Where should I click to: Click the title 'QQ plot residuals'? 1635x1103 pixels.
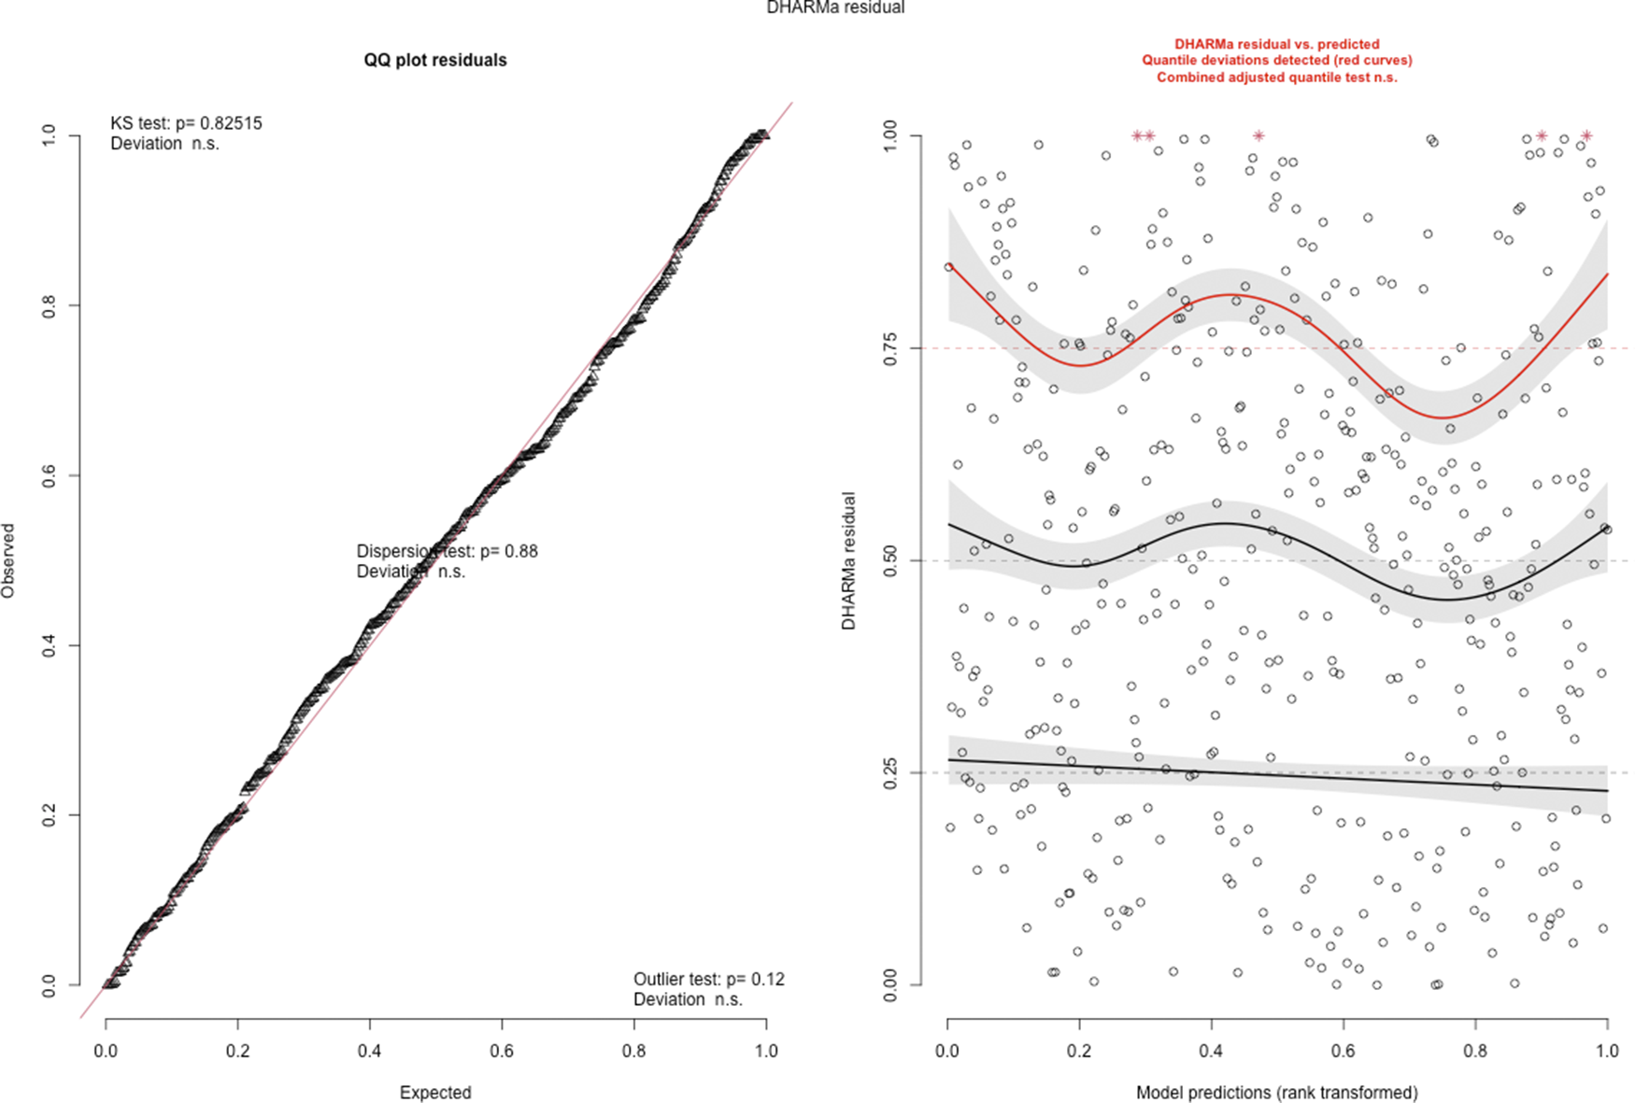click(x=435, y=61)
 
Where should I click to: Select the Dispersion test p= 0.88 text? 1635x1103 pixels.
click(x=447, y=551)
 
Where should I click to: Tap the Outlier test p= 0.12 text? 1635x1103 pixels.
click(x=708, y=980)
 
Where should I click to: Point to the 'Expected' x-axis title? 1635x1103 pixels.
click(x=435, y=1093)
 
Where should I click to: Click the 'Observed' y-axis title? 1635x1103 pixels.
click(x=8, y=560)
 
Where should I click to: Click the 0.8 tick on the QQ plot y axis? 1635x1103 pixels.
click(x=49, y=305)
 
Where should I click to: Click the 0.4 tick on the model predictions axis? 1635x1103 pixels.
click(x=1212, y=1051)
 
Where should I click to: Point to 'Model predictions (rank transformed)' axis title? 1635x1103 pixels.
click(x=1276, y=1093)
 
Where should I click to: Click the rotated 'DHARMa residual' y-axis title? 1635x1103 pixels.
click(x=848, y=560)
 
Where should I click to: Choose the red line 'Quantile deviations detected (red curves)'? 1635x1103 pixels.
click(x=1276, y=61)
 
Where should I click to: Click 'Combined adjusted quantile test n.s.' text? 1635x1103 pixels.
click(x=1276, y=78)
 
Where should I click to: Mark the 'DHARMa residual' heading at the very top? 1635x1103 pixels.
click(x=835, y=8)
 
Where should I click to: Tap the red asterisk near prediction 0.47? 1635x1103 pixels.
click(x=1258, y=136)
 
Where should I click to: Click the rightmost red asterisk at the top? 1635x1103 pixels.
click(x=1585, y=136)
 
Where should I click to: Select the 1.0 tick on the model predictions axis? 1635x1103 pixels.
click(x=1607, y=1051)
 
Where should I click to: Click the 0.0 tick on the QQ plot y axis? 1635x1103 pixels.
click(x=49, y=984)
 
